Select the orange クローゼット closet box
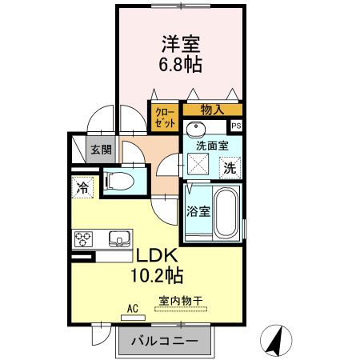point(166,118)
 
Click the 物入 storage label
point(212,110)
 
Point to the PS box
point(236,126)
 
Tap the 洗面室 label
point(213,146)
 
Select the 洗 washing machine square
point(230,168)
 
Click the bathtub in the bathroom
point(226,212)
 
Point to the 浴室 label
point(198,212)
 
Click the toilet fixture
point(121,181)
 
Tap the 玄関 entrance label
point(100,150)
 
